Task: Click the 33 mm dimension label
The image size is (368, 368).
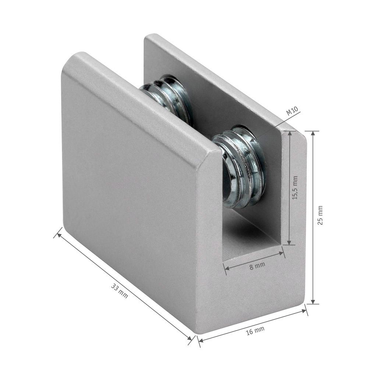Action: point(120,291)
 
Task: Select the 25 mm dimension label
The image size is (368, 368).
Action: point(320,215)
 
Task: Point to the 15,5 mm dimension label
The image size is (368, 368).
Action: point(295,188)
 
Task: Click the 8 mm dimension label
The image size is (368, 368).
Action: point(257,266)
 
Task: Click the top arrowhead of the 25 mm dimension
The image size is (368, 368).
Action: point(313,134)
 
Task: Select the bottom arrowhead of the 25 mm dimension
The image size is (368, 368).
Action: point(313,301)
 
